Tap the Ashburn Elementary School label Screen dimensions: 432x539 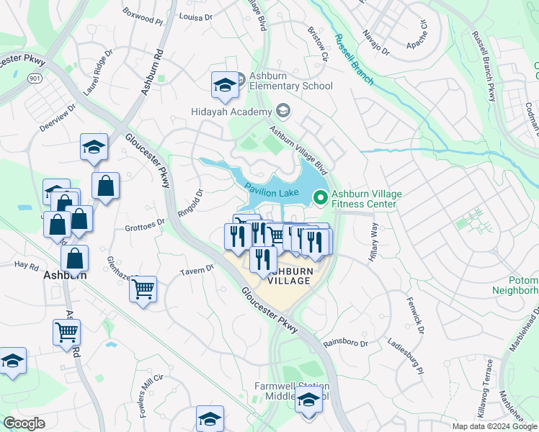tap(291, 81)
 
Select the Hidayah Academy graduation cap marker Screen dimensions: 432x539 tap(282, 111)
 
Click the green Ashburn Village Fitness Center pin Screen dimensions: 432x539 tap(321, 195)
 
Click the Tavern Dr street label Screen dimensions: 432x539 tap(200, 269)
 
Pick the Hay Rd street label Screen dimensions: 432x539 tap(26, 265)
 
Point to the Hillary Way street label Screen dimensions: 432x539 tap(374, 242)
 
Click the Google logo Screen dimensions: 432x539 tap(24, 423)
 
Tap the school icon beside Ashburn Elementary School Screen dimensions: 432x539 tap(225, 86)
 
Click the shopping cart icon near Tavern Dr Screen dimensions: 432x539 tap(143, 289)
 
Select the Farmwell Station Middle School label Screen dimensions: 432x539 tap(292, 391)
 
